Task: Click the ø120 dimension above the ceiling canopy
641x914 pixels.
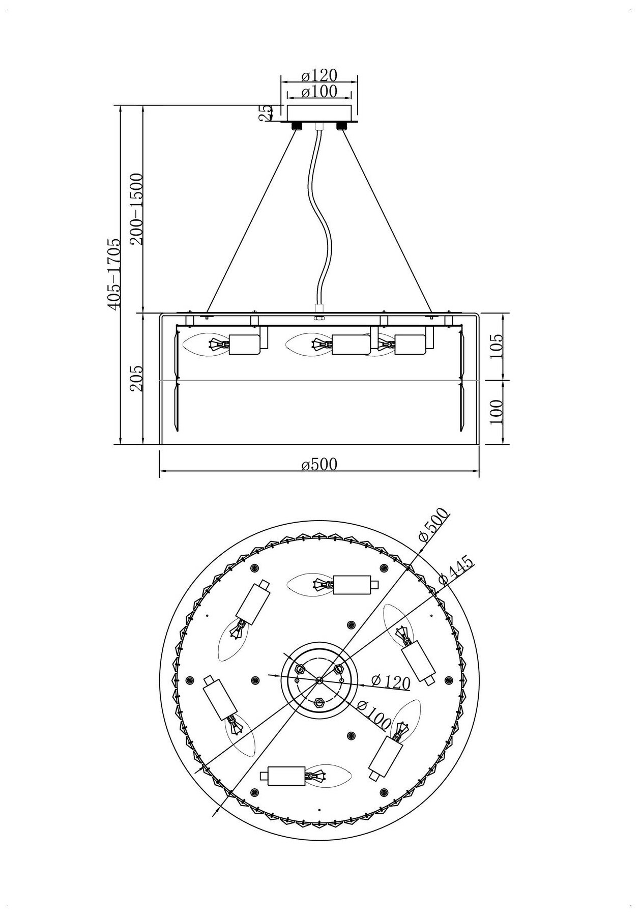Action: point(319,75)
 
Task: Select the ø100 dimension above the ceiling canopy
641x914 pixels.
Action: point(319,92)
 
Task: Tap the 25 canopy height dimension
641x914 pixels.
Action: point(264,113)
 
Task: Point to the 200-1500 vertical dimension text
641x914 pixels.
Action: point(137,208)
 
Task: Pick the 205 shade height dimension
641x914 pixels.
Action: point(136,378)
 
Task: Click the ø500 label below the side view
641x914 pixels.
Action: point(319,464)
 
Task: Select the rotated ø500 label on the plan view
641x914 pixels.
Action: point(432,527)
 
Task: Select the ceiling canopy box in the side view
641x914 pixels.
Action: point(319,113)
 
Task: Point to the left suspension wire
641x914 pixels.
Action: point(252,219)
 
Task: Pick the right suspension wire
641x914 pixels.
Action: point(387,219)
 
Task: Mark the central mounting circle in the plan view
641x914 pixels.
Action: point(319,679)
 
